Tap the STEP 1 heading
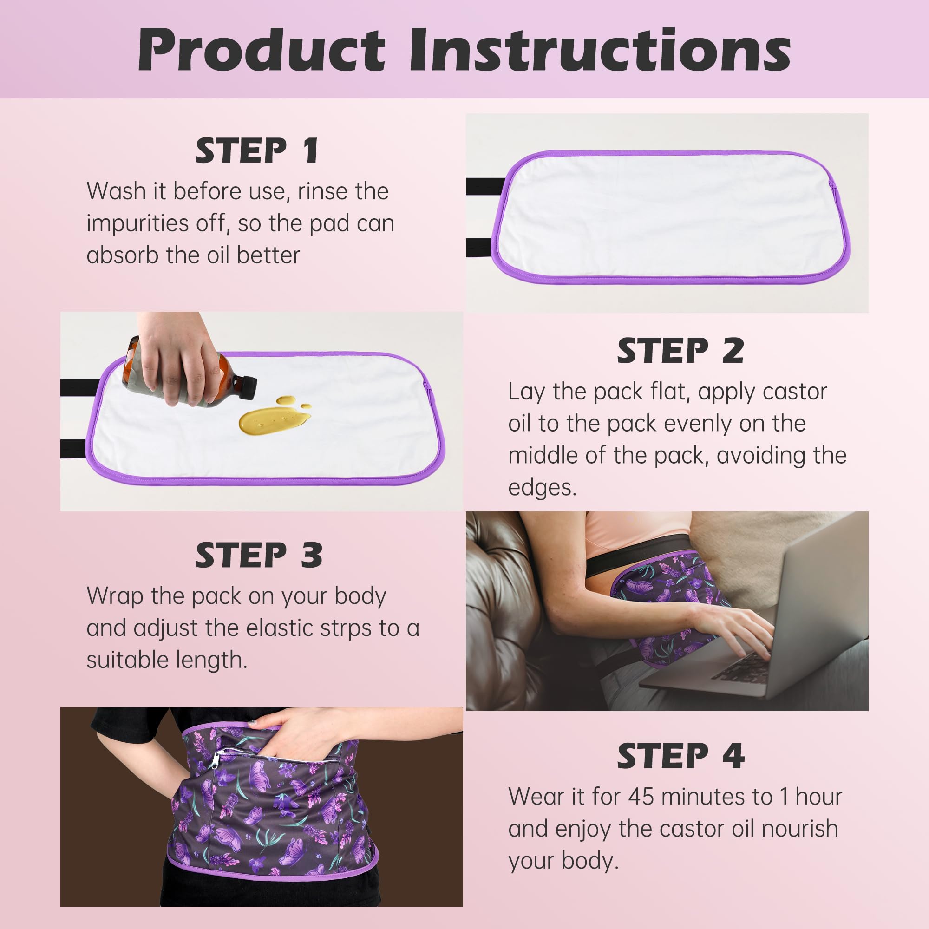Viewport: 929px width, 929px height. click(x=257, y=150)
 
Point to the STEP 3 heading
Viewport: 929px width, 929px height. click(x=258, y=556)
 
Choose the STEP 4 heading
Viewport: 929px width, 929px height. click(x=680, y=756)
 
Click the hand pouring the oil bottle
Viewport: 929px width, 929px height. click(x=178, y=356)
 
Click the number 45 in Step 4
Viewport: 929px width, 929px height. click(x=641, y=797)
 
